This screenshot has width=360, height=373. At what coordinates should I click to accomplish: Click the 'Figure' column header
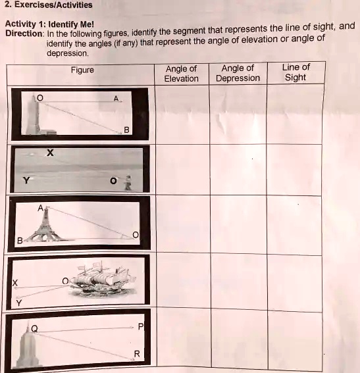82,70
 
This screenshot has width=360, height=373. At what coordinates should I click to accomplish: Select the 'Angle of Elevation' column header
181,73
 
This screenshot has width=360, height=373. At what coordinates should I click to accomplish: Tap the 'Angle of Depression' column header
238,73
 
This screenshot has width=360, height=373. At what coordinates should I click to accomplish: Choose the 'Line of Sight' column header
296,72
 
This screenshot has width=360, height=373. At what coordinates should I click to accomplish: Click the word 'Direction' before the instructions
24,34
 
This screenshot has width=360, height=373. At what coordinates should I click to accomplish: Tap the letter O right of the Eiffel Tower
136,234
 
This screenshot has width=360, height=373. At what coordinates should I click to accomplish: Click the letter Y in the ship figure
19,303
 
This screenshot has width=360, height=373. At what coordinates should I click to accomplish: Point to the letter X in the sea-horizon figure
49,154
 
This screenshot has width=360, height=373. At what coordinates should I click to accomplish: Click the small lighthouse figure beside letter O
129,181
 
